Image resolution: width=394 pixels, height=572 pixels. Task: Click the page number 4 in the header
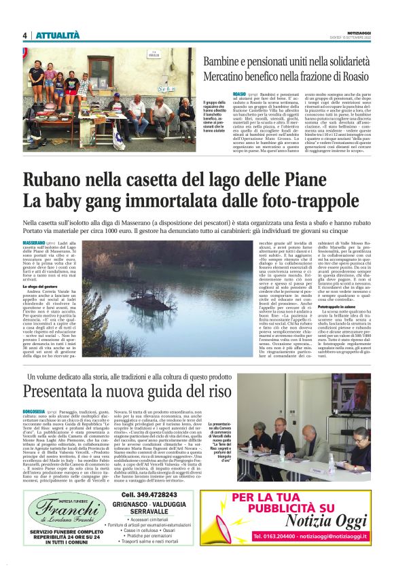pyautogui.click(x=24, y=35)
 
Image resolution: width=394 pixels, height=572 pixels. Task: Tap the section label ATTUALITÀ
pyautogui.click(x=58, y=35)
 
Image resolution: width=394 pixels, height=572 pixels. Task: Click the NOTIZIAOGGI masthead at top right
pyautogui.click(x=359, y=33)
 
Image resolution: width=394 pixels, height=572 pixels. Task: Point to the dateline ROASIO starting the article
pyautogui.click(x=239, y=93)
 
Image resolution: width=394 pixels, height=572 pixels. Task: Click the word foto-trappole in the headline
pyautogui.click(x=298, y=201)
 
